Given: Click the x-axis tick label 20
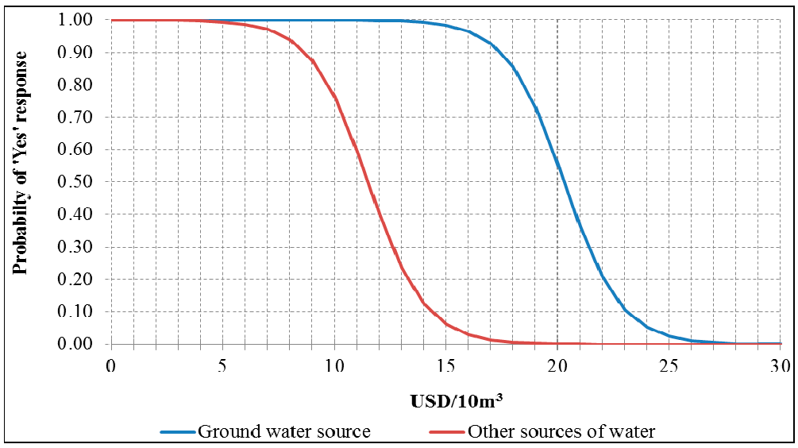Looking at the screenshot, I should [557, 365].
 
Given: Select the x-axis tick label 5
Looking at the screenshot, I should [222, 365].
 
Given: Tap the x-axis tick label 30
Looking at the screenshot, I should [781, 365].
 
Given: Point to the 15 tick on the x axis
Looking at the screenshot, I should [445, 365].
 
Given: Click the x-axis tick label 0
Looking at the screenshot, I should [111, 365].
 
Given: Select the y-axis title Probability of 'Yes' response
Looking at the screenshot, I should [21, 163].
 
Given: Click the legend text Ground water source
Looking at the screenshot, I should [283, 432].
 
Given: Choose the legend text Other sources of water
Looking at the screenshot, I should [561, 432].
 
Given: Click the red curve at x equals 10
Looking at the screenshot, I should [334, 95].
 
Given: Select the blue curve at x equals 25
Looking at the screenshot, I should [669, 335].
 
